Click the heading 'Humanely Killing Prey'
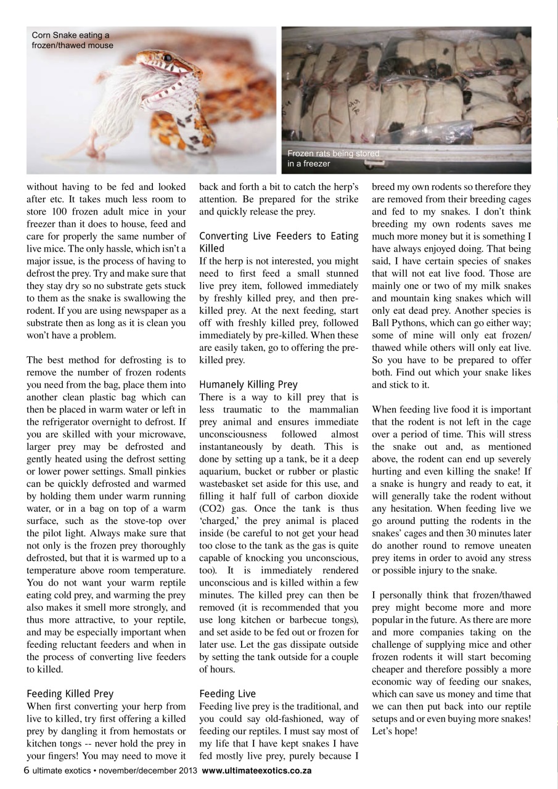[x=248, y=385]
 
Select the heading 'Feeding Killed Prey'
[x=70, y=693]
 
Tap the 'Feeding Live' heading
[x=228, y=693]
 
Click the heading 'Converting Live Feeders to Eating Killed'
[x=279, y=242]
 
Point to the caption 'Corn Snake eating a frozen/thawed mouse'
[x=72, y=40]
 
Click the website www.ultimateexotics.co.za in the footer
[x=256, y=771]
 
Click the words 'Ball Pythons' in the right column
[x=397, y=324]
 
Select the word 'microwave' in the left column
[x=159, y=434]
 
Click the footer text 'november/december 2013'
[x=149, y=771]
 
